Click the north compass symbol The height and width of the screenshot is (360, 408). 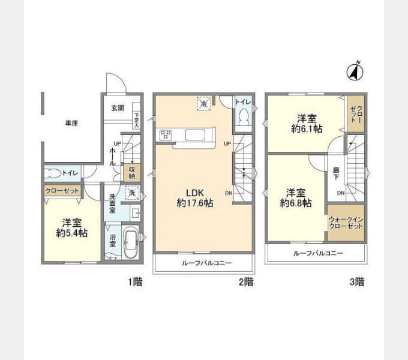coord(355,71)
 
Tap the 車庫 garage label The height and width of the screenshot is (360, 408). coord(71,123)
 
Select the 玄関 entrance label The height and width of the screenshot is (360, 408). coord(118,109)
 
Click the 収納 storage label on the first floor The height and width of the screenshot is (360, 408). coord(132,172)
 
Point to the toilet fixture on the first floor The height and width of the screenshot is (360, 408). coord(54,173)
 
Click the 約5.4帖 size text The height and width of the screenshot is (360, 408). coord(71,233)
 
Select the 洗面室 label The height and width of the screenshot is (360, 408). coord(112,205)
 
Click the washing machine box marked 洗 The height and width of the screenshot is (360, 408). coord(131,193)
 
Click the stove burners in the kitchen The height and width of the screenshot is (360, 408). coord(165,134)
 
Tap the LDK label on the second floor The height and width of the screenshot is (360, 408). coord(195,193)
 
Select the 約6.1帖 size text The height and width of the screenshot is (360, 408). coord(307,128)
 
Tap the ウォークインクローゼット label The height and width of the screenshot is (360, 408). coord(346,223)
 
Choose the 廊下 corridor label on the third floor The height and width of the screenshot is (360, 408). coord(336,174)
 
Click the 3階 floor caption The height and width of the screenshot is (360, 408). coord(356,281)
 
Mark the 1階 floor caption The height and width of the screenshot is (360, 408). coord(134,281)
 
